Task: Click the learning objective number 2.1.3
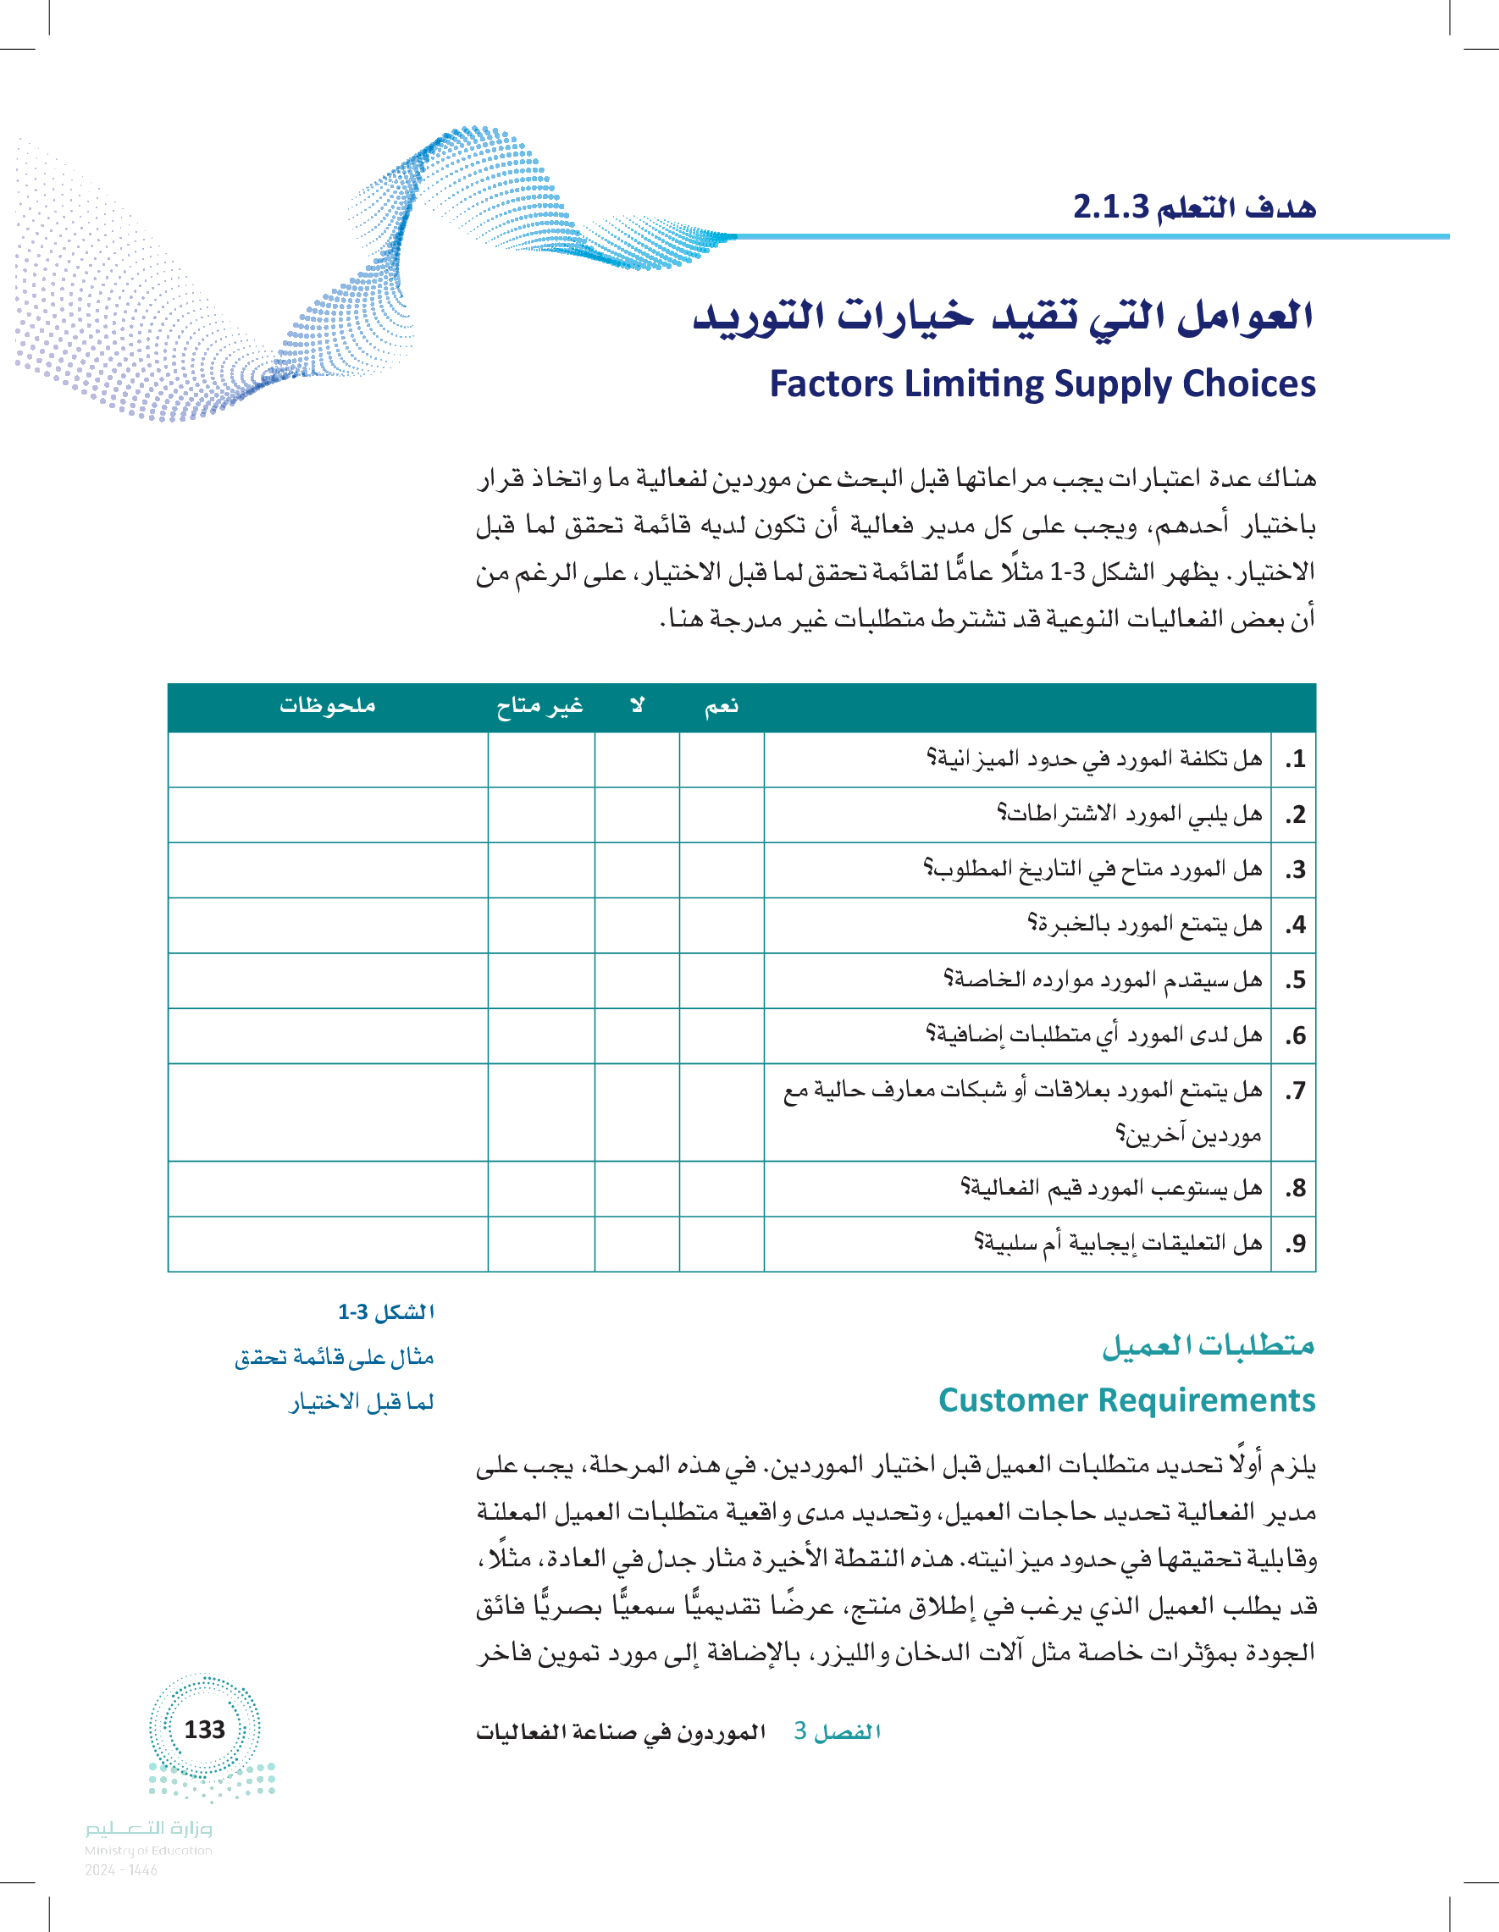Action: [1109, 207]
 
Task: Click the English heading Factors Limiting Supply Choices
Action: [1042, 384]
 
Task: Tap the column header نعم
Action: [722, 706]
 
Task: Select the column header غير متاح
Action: [539, 706]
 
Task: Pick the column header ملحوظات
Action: [328, 706]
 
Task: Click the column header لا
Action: [637, 706]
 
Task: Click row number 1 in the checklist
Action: [1295, 759]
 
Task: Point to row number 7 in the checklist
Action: [1295, 1090]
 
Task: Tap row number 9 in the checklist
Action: [1295, 1244]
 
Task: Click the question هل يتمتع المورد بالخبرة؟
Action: [1144, 925]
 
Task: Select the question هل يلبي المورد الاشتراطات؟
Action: [1129, 814]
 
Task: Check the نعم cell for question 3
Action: [722, 869]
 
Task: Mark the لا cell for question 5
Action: [637, 980]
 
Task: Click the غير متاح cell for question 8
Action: [540, 1188]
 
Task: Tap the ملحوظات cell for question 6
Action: [328, 1035]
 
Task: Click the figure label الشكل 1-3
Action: [386, 1312]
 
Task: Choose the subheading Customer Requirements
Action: [1126, 1400]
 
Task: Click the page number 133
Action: [204, 1730]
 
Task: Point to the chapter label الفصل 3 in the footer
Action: [837, 1731]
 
